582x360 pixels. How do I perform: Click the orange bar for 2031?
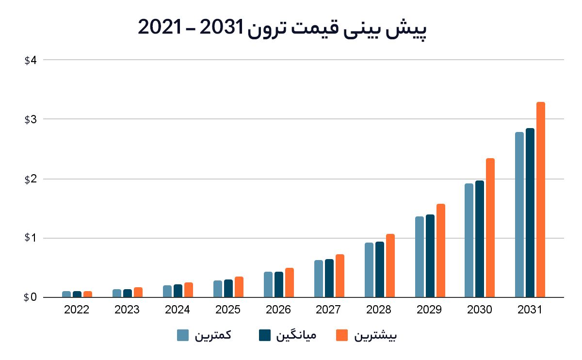pos(540,200)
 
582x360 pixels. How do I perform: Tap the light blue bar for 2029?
pos(419,257)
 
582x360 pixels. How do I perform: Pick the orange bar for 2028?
pos(390,266)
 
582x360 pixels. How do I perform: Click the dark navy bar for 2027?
pos(329,278)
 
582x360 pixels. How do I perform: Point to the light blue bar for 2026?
pos(268,285)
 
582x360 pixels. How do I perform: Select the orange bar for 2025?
pos(239,287)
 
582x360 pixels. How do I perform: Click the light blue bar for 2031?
pos(519,215)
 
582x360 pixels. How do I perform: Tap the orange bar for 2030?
pos(490,228)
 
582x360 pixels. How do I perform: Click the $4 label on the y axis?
pos(31,60)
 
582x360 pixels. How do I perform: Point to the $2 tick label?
pos(31,179)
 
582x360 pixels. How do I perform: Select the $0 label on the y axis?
pos(30,297)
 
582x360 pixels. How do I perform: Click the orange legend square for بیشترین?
pos(342,335)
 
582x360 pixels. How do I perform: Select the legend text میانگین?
pos(296,335)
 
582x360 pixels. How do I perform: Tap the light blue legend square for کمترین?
pos(183,335)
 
